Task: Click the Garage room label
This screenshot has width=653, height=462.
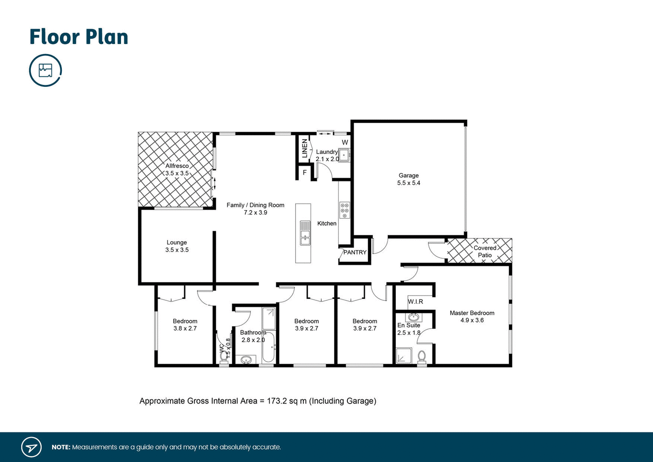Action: tap(408, 176)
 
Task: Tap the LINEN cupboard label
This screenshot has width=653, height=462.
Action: tap(305, 149)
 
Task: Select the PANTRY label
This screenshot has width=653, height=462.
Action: tap(355, 252)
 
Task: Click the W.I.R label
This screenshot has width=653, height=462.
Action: tap(415, 302)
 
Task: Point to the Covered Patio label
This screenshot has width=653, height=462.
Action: tap(485, 251)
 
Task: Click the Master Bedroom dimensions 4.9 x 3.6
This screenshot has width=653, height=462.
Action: tap(472, 320)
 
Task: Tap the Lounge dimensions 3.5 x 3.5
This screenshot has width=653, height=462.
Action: tap(177, 250)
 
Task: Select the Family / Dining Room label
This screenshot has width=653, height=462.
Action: tap(255, 205)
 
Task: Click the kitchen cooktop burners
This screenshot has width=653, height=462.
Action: tap(345, 210)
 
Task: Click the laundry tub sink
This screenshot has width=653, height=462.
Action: tap(344, 155)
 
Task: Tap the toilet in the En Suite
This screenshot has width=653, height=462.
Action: tap(421, 357)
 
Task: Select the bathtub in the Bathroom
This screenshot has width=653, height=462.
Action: tap(269, 347)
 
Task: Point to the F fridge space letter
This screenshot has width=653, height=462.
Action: tap(305, 173)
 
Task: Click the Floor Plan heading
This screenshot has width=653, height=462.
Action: tap(79, 37)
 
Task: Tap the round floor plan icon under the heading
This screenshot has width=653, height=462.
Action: tap(45, 70)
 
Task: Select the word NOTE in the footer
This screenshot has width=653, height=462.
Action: tap(61, 447)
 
